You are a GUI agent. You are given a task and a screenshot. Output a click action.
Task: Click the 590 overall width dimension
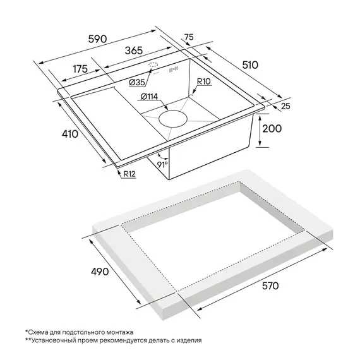coord(97,39)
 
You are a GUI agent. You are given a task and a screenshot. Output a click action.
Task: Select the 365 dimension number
coord(134,51)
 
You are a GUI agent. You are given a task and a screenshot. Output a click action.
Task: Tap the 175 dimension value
coord(80,69)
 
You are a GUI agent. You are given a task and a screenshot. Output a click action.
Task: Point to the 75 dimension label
coord(189,37)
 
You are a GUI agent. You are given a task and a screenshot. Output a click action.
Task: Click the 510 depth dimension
coord(250,65)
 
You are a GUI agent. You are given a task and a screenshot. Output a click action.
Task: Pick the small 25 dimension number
coord(285,106)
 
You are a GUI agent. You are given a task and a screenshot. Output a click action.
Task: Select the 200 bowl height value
coord(272,129)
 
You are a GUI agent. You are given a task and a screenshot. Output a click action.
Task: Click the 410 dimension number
coord(70,134)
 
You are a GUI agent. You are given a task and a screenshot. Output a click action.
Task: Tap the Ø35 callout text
coord(137,82)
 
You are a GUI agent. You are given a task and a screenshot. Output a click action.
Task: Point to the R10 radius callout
coord(204,81)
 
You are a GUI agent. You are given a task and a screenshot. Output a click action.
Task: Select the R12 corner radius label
coord(129,174)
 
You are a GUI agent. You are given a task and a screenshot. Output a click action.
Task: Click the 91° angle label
coord(162,164)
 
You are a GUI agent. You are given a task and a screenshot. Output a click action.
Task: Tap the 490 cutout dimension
coord(100,272)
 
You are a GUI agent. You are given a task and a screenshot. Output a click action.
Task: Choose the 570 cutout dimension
coord(270,286)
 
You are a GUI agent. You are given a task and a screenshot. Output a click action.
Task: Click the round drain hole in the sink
coord(173,119)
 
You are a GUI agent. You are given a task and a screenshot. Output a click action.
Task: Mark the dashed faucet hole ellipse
coord(153,64)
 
